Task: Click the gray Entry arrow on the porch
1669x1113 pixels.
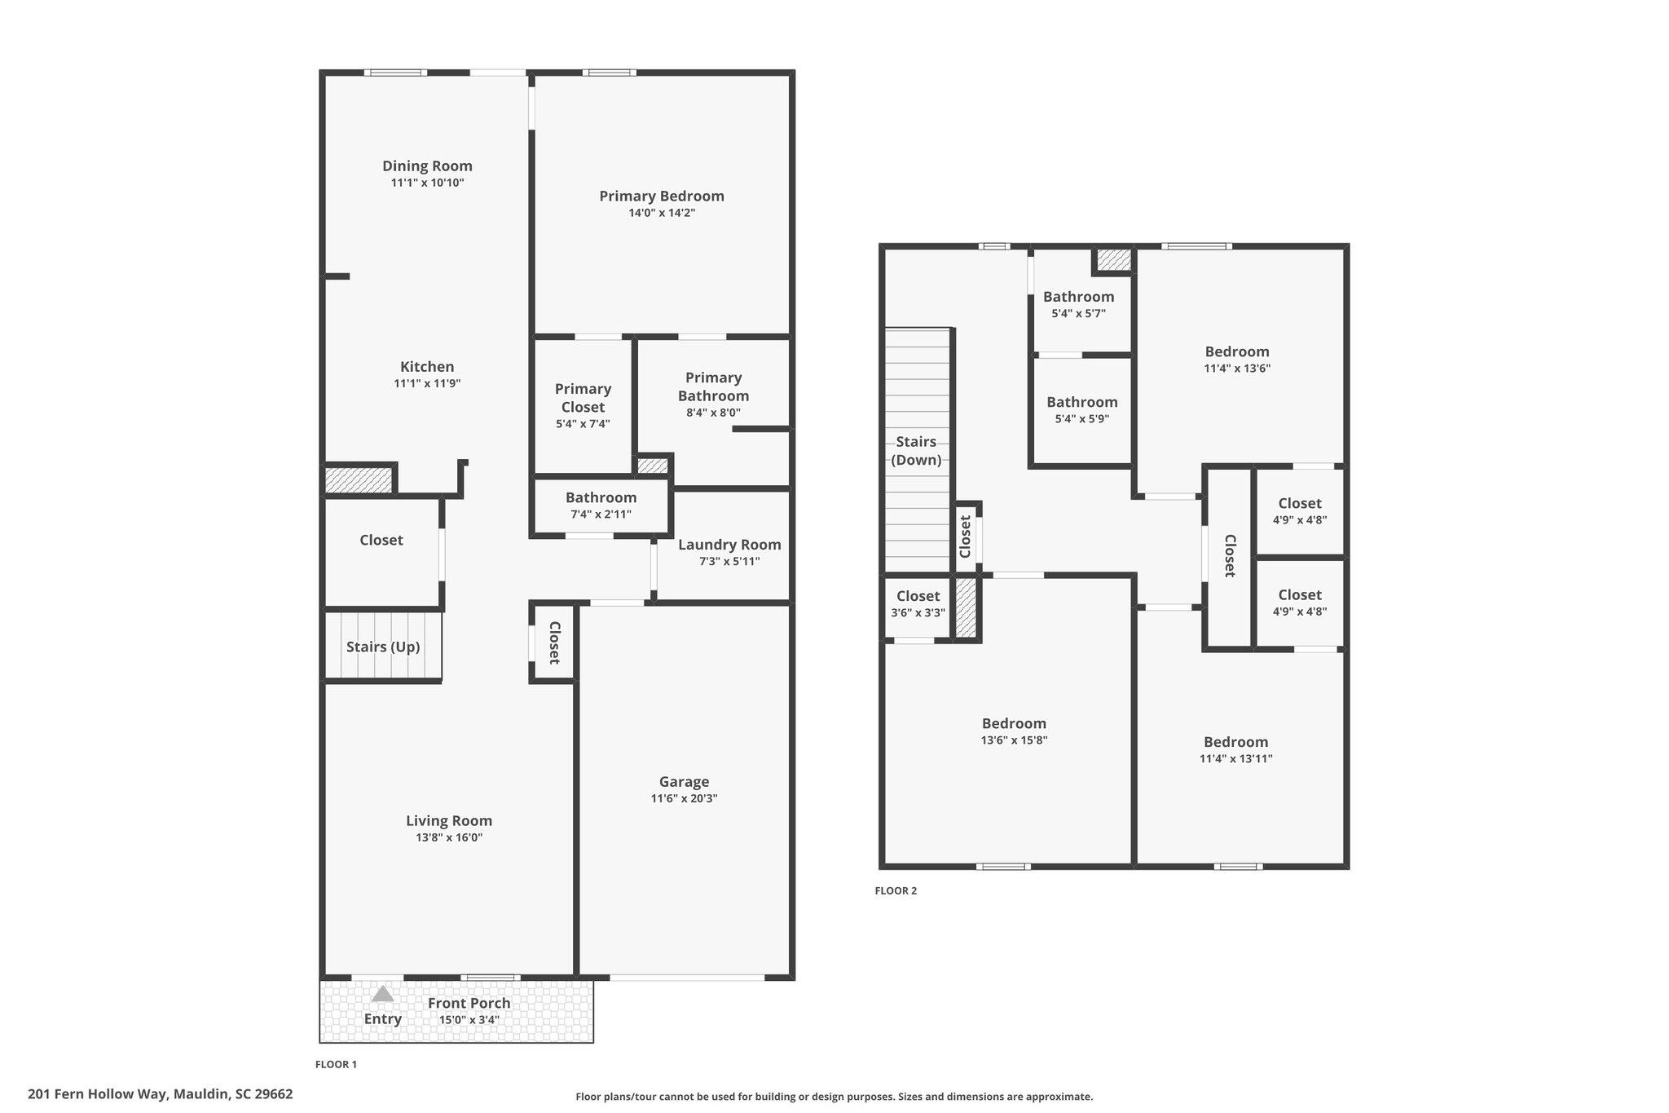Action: [383, 994]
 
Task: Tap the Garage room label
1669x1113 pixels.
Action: [684, 781]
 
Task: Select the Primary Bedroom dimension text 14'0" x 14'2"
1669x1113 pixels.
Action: [662, 213]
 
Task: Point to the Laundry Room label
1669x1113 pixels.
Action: [729, 545]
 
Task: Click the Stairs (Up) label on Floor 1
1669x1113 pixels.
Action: [383, 647]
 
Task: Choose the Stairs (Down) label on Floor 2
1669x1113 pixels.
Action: [916, 451]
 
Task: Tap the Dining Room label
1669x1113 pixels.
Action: [427, 166]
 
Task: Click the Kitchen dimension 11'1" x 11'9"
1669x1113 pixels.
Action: [427, 383]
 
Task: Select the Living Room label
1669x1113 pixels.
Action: [449, 820]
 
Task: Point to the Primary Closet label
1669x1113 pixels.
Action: [583, 398]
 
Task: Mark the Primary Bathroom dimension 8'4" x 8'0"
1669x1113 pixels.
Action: [713, 413]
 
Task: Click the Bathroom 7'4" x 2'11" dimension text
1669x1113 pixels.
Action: [601, 515]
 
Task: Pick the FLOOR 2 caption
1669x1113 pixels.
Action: [896, 890]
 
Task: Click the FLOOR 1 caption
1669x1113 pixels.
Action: [336, 1064]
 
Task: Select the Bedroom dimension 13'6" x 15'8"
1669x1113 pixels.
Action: [1014, 740]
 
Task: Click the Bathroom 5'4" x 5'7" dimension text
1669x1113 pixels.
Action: [1078, 313]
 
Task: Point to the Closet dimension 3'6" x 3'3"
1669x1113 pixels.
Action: [918, 612]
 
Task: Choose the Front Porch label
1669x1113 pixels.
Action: [469, 1003]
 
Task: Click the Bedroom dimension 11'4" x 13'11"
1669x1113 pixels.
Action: [1235, 758]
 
